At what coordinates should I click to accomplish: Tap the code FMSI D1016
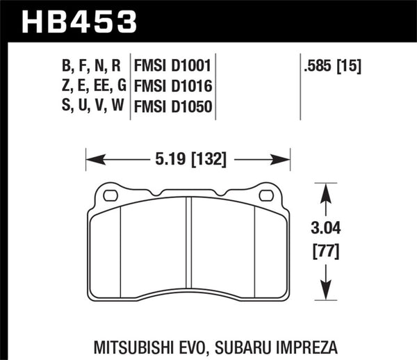tap(172, 87)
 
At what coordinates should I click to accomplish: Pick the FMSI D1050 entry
tap(172, 107)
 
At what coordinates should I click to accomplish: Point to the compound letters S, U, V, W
tap(90, 107)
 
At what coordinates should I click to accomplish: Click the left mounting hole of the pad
tap(110, 196)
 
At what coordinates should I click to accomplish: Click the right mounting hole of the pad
tap(265, 196)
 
